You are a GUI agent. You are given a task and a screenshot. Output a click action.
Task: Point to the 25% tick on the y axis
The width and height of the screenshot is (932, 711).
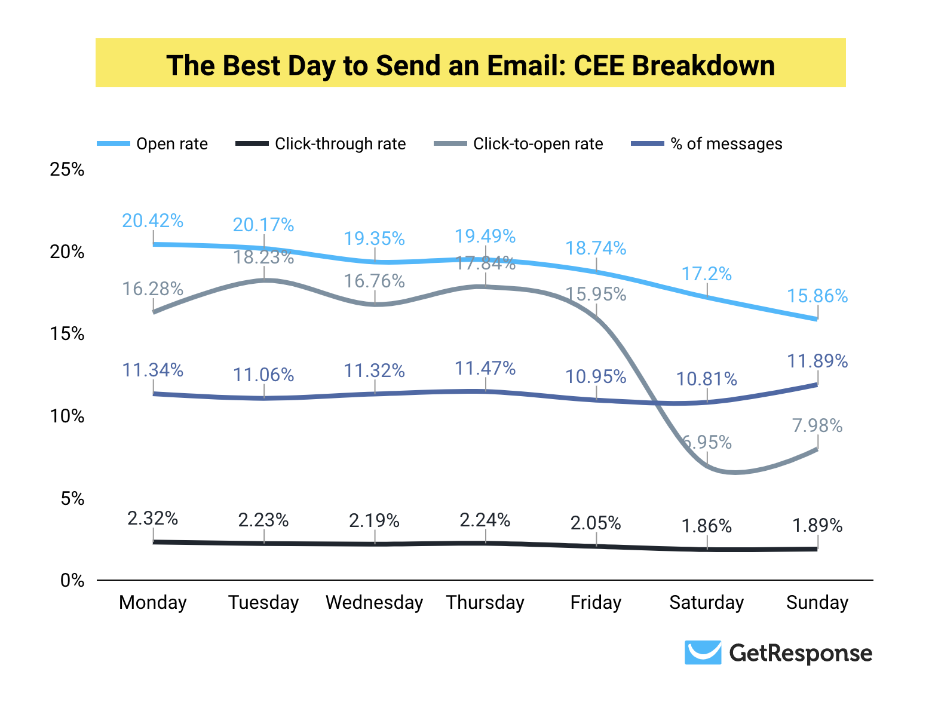coord(67,170)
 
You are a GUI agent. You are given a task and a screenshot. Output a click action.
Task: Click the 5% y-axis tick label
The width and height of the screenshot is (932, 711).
coord(72,498)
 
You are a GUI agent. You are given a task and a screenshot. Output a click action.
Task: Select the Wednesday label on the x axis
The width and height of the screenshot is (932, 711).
coord(374,602)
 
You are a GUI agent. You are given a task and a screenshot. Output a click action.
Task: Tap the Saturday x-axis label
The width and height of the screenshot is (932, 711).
coord(706,602)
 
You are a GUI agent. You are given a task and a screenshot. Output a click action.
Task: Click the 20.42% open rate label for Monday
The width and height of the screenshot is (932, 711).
coord(152,221)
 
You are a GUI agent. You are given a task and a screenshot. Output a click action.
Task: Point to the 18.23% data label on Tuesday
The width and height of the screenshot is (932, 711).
coord(263,258)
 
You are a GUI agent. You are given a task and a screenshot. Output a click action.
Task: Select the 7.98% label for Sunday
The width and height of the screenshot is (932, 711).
coord(817,426)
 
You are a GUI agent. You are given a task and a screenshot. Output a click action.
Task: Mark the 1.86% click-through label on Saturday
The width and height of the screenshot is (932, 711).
coord(706,526)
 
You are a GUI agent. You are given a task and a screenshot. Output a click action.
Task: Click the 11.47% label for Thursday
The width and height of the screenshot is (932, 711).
coord(485,368)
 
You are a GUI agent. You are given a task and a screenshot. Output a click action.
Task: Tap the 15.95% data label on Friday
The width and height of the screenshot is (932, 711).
coord(596,294)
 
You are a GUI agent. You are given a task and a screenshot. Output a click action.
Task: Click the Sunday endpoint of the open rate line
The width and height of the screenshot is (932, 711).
coord(817,319)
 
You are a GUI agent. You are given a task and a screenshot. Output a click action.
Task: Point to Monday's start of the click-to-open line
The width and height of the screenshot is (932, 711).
coord(154,312)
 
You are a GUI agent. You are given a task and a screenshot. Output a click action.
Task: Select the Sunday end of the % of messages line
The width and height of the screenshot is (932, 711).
coord(817,384)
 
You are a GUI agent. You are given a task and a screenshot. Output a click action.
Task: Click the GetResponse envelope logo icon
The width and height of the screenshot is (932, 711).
coord(703,652)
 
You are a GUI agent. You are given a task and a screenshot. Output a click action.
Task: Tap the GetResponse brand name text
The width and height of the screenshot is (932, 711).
coord(801,653)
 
